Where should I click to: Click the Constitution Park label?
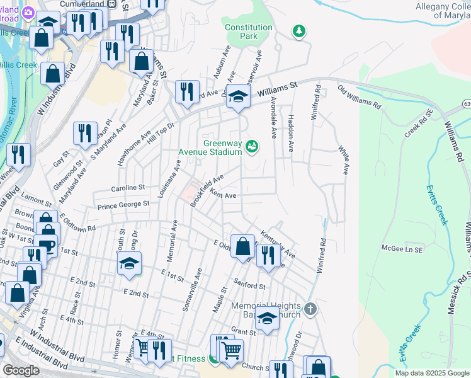[x=249, y=31]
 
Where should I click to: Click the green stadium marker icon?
[x=252, y=146]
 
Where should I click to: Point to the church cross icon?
[x=309, y=309]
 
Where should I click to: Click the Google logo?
[x=21, y=370]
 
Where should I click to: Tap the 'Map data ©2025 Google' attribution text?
[x=431, y=373]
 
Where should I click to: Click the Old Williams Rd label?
[x=360, y=98]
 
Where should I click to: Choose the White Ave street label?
[x=344, y=160]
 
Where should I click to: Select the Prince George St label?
[x=123, y=204]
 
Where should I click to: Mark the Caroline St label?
[x=128, y=188]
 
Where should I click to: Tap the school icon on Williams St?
[x=238, y=96]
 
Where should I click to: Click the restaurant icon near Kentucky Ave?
[x=268, y=255]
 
